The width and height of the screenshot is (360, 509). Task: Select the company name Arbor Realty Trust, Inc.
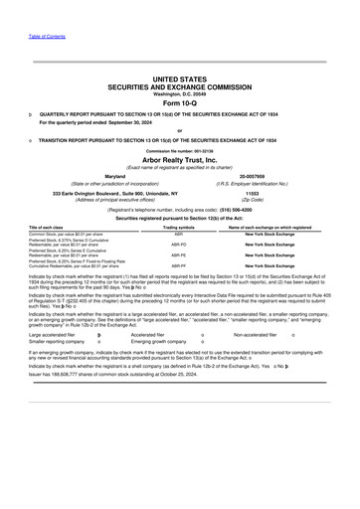tap(179, 159)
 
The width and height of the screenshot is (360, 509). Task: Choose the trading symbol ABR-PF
tap(178, 266)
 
